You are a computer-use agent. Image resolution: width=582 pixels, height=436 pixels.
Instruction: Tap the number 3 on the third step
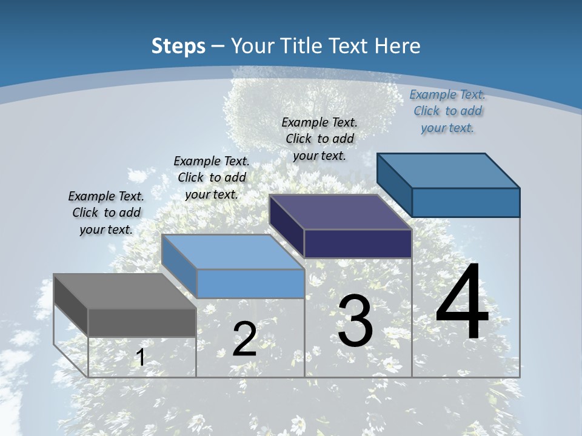355,321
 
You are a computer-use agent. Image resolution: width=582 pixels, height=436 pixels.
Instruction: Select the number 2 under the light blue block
244,339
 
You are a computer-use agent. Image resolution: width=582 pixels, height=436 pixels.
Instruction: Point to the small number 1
141,358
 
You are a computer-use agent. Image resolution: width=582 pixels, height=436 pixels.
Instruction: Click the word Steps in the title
178,46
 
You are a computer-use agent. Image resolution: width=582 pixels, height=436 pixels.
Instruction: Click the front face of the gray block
142,322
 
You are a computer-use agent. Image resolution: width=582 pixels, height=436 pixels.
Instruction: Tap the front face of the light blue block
250,283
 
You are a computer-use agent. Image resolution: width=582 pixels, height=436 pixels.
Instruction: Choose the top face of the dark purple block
340,212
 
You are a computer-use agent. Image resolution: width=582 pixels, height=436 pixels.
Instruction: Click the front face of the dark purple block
358,243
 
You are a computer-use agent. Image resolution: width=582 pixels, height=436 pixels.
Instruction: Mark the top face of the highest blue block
448,170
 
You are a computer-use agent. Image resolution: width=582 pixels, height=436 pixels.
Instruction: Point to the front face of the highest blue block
466,202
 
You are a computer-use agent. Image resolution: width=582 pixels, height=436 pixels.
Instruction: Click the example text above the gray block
106,213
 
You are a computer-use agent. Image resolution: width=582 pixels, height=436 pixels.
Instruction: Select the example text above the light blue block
212,177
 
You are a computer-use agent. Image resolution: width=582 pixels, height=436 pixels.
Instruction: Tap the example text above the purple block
319,139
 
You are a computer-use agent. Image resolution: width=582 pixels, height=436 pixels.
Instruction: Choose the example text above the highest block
447,111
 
